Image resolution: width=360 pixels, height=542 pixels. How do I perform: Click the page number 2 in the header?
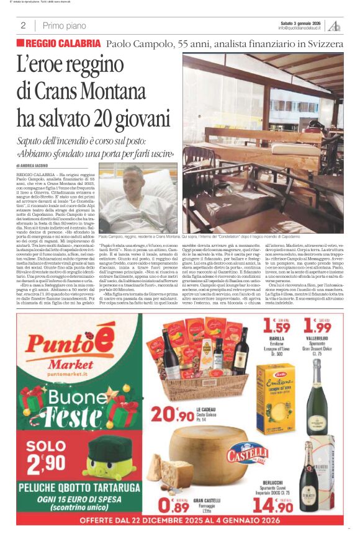[22, 25]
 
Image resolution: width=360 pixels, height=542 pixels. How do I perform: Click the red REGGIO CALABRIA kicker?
[59, 43]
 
